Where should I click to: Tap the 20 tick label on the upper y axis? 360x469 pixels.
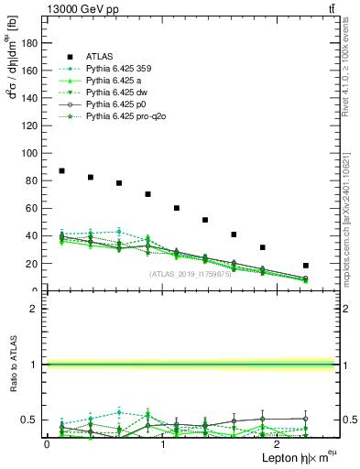point(33,264)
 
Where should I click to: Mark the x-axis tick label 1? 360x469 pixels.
point(163,445)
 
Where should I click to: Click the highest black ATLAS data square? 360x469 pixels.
point(61,171)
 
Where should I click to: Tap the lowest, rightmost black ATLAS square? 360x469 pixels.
point(305,266)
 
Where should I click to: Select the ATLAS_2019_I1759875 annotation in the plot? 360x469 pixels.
point(190,273)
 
